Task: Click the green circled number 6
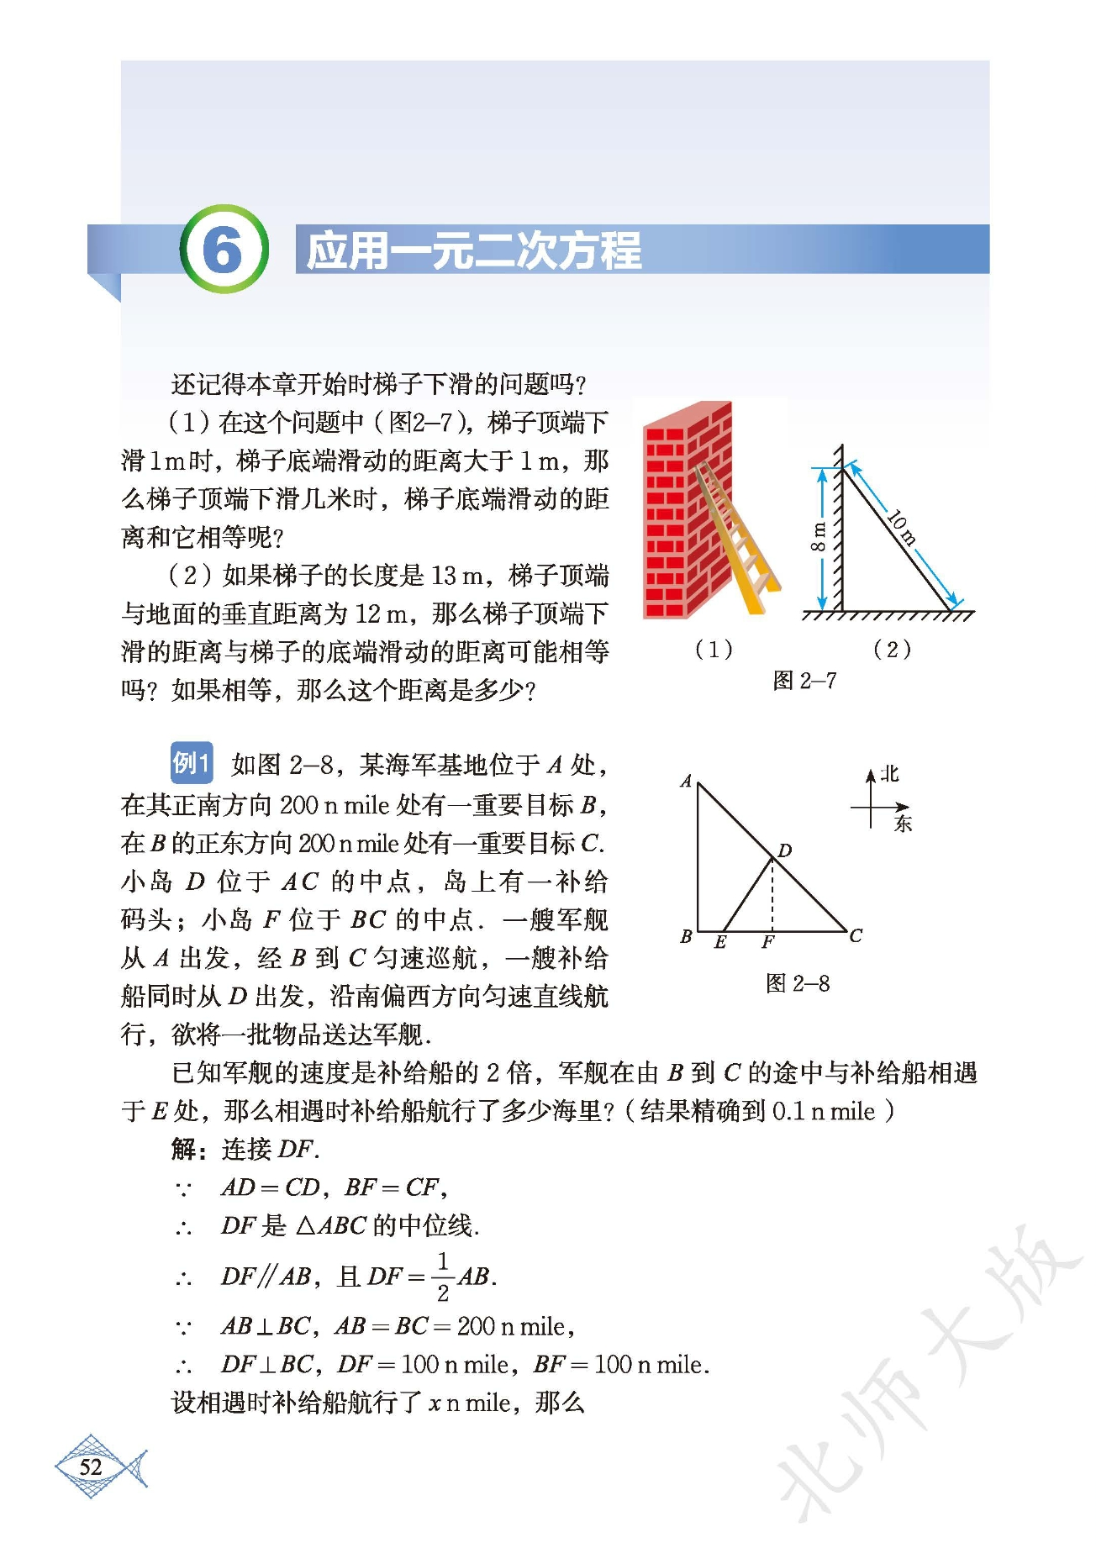[x=224, y=250]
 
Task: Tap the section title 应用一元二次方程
[x=473, y=250]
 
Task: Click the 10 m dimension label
[x=903, y=527]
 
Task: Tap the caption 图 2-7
[x=804, y=681]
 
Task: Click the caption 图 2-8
[x=798, y=983]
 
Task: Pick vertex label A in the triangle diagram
[x=686, y=781]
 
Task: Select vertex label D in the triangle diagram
[x=785, y=850]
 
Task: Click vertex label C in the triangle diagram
[x=856, y=935]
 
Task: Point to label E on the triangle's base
[x=720, y=943]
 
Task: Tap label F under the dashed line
[x=767, y=943]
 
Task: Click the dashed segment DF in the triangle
[x=772, y=895]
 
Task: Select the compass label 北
[x=889, y=774]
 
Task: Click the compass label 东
[x=903, y=823]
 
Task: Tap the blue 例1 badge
[x=191, y=763]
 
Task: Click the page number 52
[x=91, y=1467]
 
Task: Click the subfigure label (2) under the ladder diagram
[x=892, y=649]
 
